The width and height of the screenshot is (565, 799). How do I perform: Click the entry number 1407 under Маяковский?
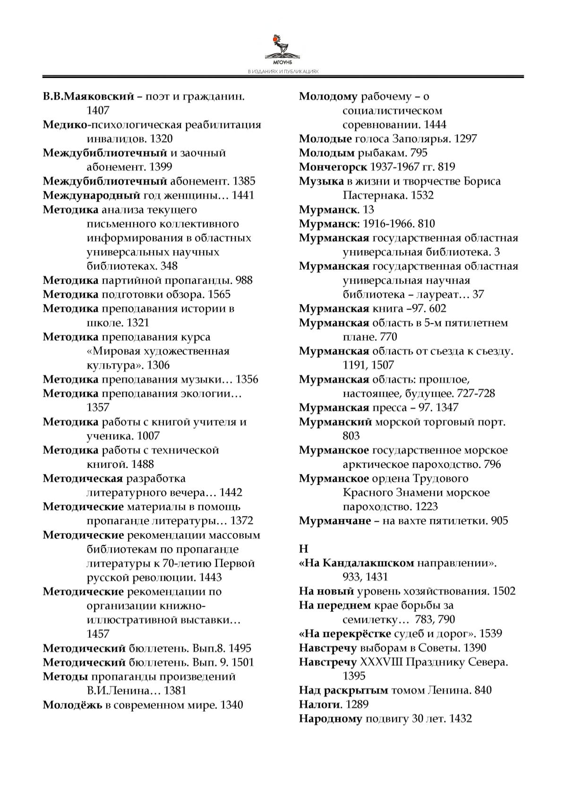coord(98,110)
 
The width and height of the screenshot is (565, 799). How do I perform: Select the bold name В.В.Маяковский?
coord(88,96)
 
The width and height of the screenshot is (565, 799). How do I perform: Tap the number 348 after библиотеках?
coord(169,266)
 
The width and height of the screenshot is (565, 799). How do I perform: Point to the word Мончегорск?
coord(333,167)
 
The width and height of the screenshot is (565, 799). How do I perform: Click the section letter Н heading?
coord(303,549)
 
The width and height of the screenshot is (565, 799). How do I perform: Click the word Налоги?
coord(320,704)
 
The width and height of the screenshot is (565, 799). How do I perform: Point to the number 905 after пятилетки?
coord(500,521)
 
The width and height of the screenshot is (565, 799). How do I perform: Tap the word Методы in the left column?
coord(65,677)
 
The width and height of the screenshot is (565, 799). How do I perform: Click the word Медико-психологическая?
coord(151,125)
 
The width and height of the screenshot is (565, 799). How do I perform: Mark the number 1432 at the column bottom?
coord(461,719)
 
